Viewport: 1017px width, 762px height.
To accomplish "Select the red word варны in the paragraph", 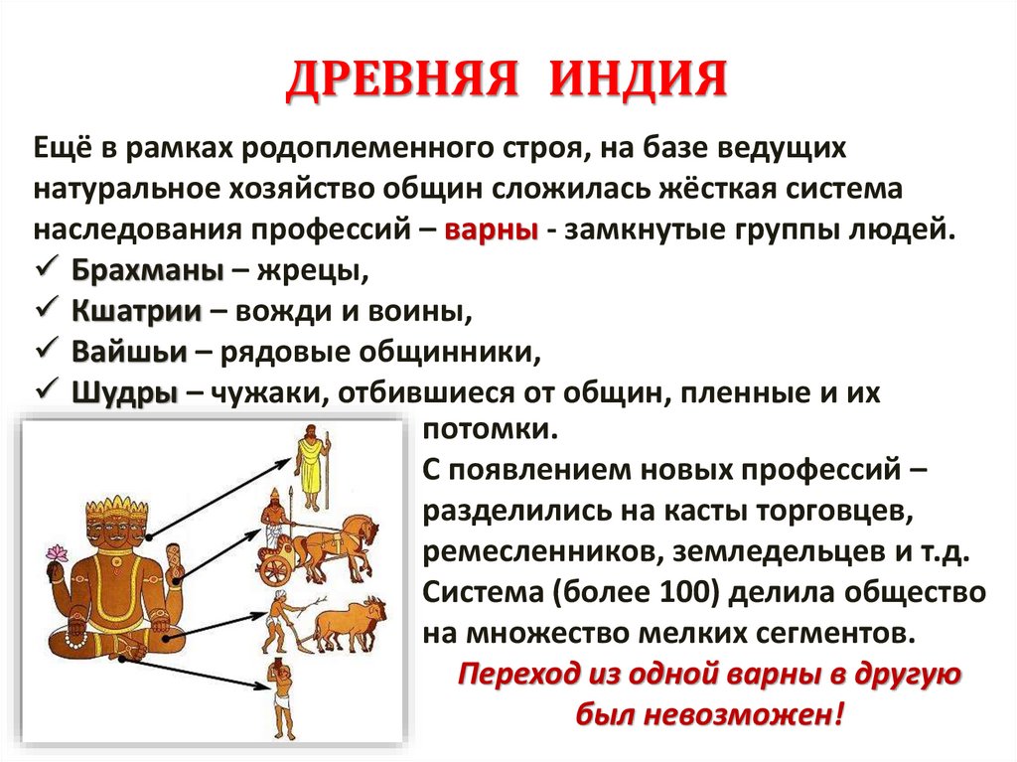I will coord(492,229).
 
